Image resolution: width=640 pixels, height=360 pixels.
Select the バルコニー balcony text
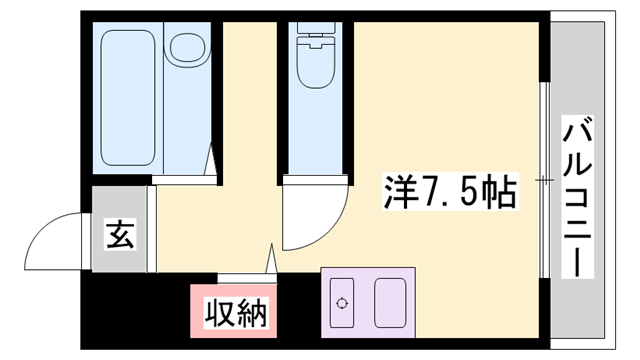tap(579, 199)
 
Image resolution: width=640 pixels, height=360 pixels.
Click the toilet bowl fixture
tap(315, 62)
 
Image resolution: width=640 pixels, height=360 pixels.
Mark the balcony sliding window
tap(545, 180)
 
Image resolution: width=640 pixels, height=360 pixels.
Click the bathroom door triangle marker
tap(212, 160)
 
